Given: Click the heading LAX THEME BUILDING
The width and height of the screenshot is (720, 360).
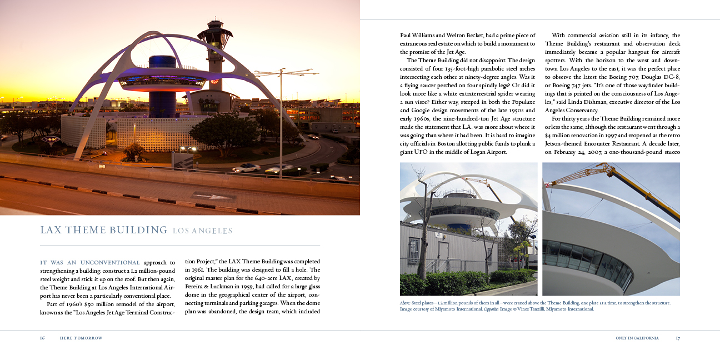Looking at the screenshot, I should coord(104,230).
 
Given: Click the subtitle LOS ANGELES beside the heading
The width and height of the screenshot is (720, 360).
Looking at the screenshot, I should coord(202,231).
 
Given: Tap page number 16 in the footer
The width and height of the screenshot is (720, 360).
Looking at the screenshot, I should coord(42,338).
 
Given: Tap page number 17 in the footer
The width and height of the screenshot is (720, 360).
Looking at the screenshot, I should coord(678,338).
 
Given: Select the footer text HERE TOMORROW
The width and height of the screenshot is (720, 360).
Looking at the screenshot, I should coord(81,338).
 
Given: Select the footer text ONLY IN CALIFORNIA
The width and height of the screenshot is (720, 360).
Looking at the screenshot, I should coord(637,338).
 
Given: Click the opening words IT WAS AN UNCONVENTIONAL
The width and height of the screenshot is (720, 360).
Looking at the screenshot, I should coord(90,262).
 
